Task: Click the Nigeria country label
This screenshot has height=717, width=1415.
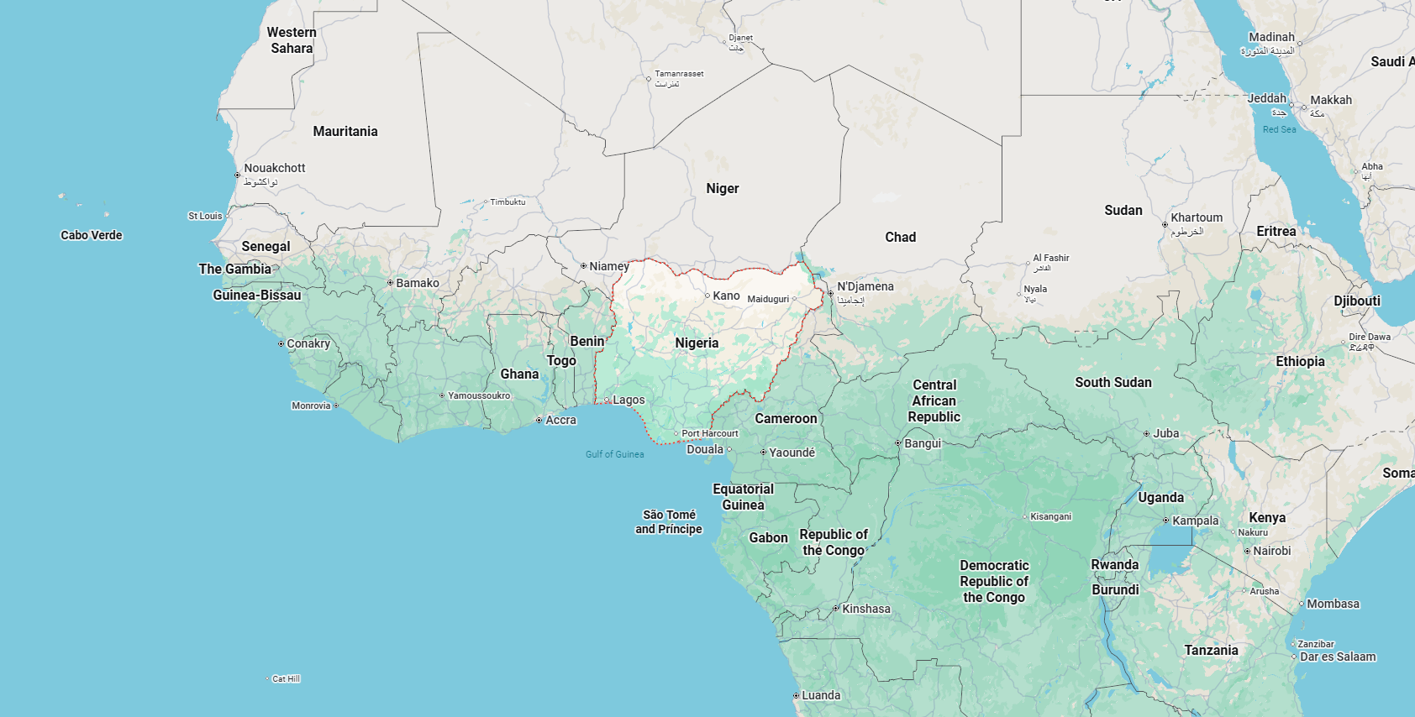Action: tap(697, 343)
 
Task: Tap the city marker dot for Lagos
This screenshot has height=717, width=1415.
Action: tap(607, 400)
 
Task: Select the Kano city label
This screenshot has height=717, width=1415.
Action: tap(726, 296)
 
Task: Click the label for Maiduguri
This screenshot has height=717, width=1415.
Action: tap(768, 299)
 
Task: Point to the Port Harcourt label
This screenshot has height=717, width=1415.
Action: tap(710, 433)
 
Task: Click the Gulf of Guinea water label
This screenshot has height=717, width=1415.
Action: tap(614, 454)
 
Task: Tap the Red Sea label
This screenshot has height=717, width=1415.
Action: tap(1279, 129)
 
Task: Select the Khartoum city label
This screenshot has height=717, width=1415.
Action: tap(1197, 217)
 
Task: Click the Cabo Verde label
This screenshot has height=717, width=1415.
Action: tap(92, 235)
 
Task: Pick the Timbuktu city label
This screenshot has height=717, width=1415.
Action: tap(508, 201)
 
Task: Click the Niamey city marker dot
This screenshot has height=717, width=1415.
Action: tap(583, 266)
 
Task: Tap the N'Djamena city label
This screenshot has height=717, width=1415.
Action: tap(865, 286)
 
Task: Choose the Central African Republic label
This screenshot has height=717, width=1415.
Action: tap(934, 400)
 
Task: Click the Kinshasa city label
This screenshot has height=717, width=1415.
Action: tap(866, 609)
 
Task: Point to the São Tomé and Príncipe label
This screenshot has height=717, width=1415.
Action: tap(669, 521)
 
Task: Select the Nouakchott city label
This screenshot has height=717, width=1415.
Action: tap(275, 168)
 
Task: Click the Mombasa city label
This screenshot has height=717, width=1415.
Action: tap(1333, 604)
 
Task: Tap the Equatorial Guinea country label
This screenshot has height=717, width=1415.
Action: tap(743, 497)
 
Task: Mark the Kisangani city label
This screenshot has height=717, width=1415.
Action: tap(1050, 516)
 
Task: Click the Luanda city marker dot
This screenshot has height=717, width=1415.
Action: tap(796, 696)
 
